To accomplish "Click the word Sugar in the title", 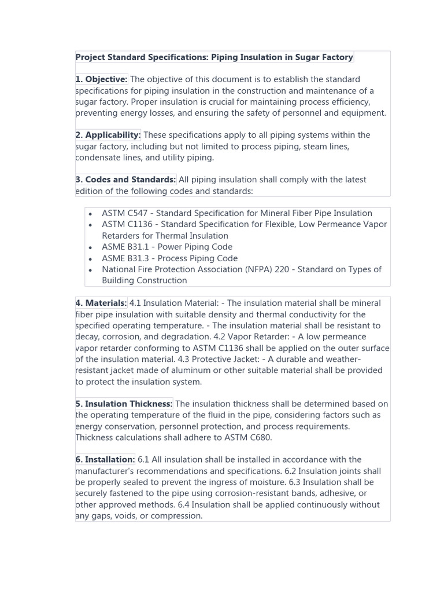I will (295, 57).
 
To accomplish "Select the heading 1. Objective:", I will (101, 79).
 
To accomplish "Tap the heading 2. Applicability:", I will (108, 135).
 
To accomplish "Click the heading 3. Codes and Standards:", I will (125, 180).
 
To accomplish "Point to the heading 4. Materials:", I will (101, 303).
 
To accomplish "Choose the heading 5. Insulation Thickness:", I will (124, 404).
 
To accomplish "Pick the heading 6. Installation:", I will (105, 460).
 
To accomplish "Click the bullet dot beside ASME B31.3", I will (91, 259).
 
